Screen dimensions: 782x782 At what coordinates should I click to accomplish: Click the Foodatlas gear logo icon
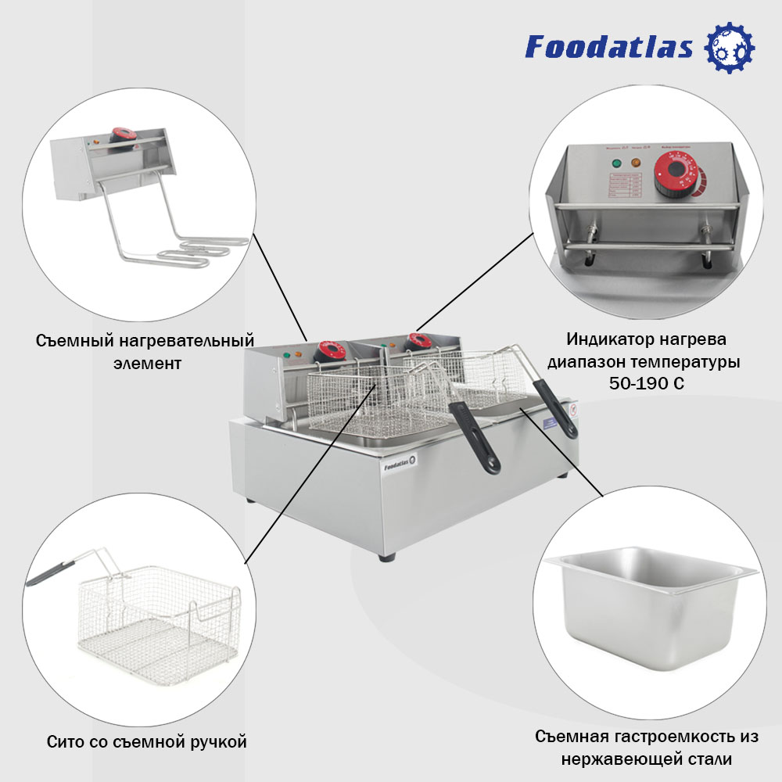730,47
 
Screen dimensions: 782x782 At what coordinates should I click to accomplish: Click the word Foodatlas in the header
609,47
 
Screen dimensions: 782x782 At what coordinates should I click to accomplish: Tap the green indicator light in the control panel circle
615,163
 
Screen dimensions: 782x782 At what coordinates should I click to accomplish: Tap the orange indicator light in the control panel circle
636,163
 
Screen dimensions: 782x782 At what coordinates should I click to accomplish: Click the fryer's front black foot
388,557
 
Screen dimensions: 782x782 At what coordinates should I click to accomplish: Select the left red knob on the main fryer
331,351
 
